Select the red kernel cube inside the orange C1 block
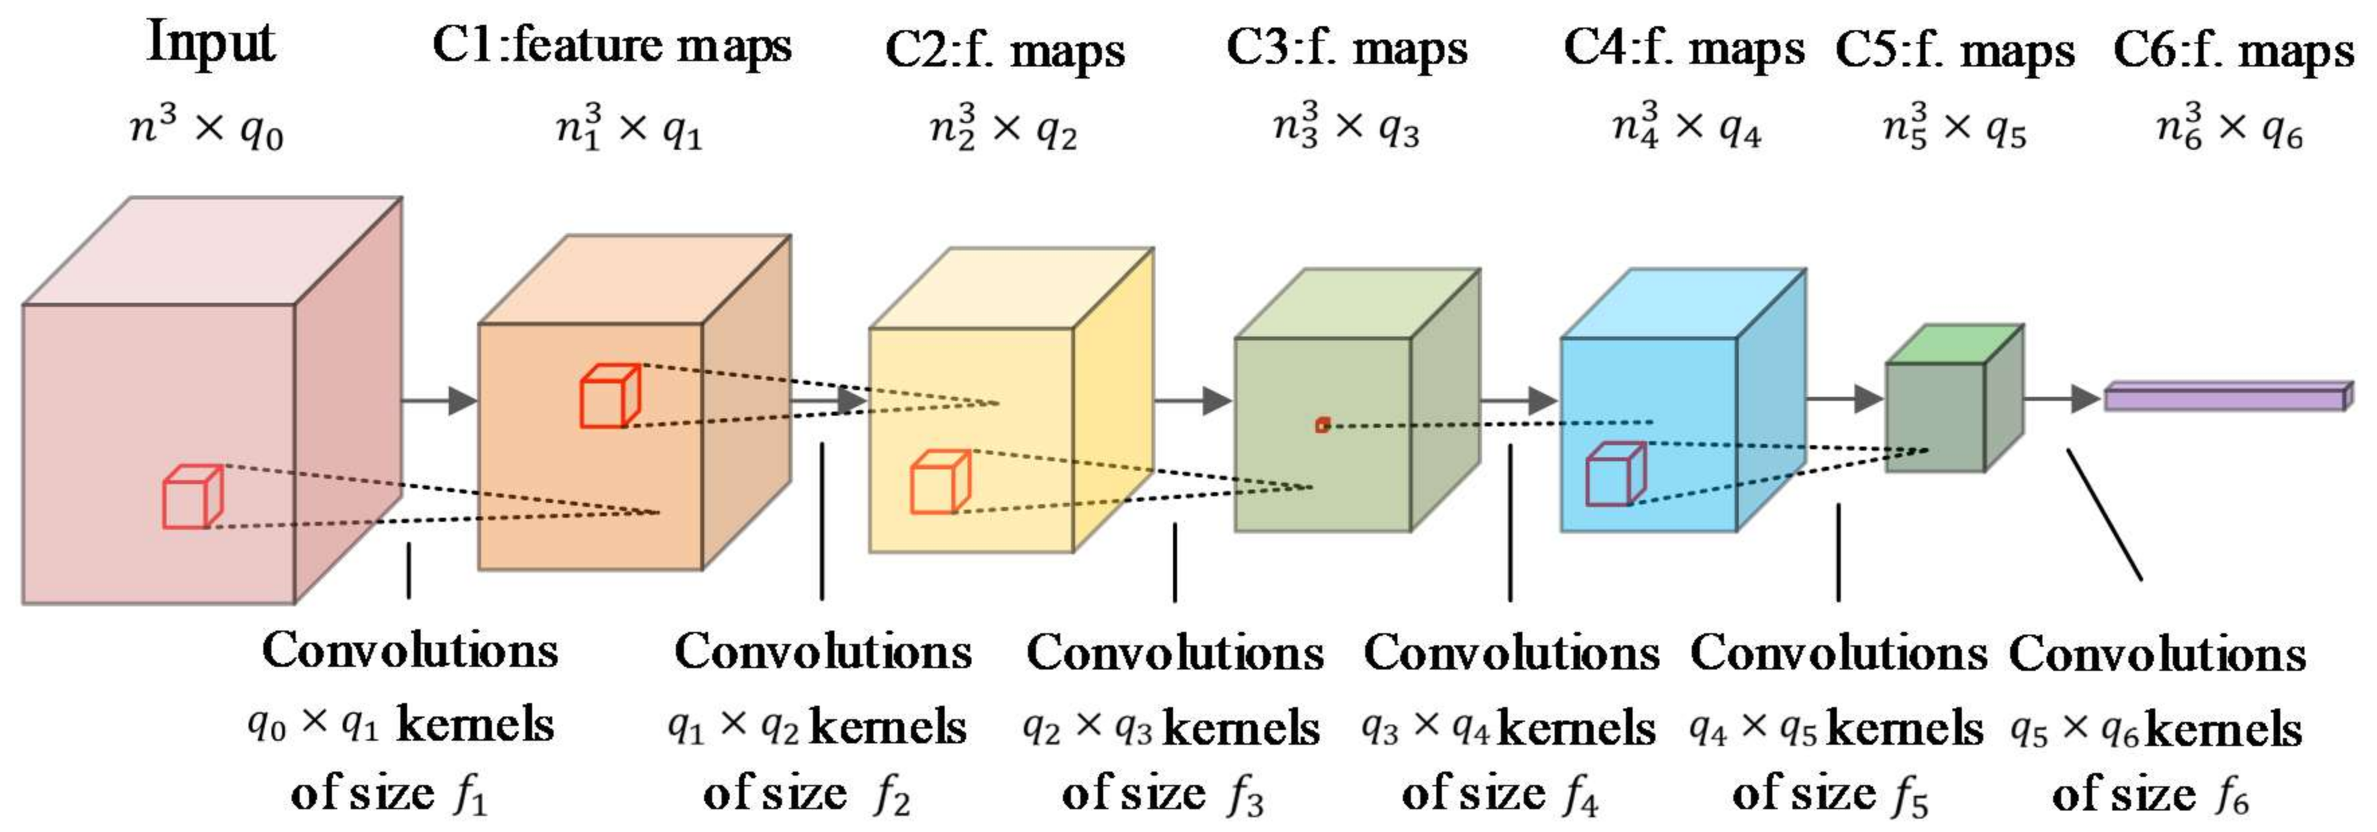click(x=609, y=397)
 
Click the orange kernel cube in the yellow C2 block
click(x=939, y=481)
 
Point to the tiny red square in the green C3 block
click(x=1322, y=425)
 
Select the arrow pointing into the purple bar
click(x=2063, y=398)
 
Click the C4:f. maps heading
click(x=1683, y=48)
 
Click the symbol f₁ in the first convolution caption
click(x=470, y=795)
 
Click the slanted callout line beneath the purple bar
click(x=2103, y=514)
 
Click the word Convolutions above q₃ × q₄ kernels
click(x=1510, y=654)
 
